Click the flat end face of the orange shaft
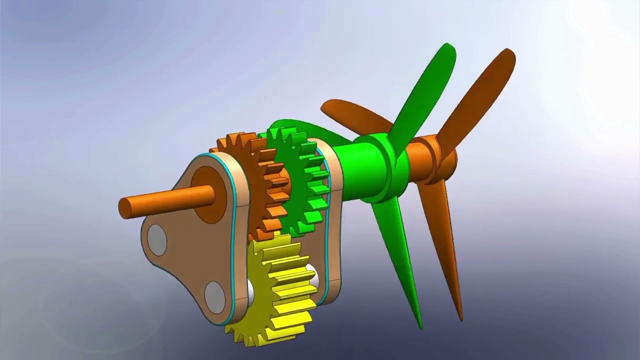coord(126,207)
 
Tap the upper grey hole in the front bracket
coord(157,240)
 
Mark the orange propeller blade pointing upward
coord(475,100)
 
